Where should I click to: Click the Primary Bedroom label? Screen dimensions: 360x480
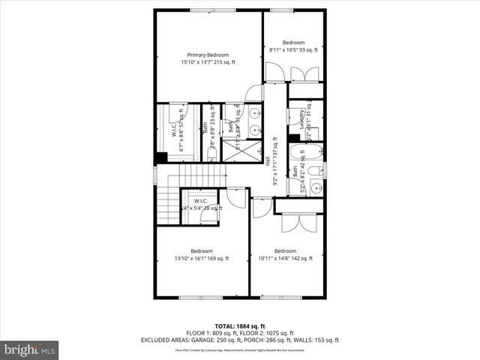point(208,55)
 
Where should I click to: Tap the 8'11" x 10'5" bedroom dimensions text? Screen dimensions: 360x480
point(293,50)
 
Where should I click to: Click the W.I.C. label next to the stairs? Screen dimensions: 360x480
point(200,201)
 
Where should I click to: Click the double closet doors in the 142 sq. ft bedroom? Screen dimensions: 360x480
point(295,223)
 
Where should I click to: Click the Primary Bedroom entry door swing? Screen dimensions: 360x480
point(253,93)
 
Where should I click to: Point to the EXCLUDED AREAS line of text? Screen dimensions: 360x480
point(240,340)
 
